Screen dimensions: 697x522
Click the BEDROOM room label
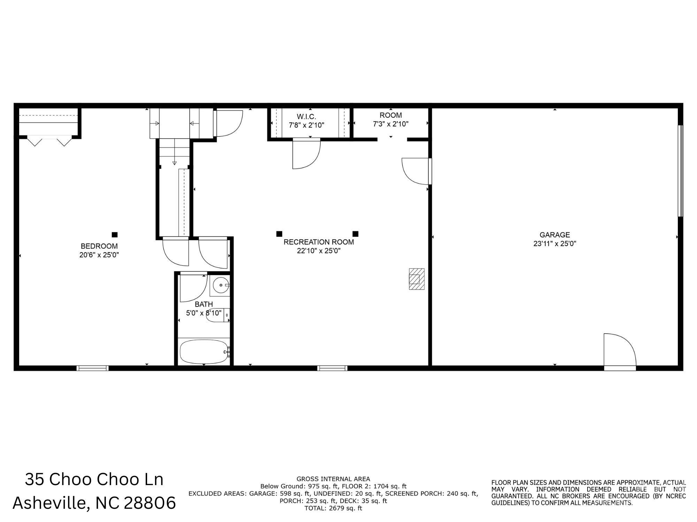click(x=99, y=246)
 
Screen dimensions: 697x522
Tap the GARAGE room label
click(x=555, y=235)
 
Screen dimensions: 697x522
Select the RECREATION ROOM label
click(x=319, y=242)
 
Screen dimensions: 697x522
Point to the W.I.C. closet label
click(x=307, y=117)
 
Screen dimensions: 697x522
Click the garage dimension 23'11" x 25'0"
click(x=555, y=244)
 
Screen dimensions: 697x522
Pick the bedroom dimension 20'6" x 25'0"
click(x=99, y=255)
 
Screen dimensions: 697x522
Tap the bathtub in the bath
click(x=204, y=352)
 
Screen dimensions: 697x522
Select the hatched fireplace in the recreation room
click(x=417, y=279)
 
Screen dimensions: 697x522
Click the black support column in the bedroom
click(x=115, y=235)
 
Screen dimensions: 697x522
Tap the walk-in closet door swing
click(x=306, y=154)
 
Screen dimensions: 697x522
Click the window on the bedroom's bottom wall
click(x=93, y=368)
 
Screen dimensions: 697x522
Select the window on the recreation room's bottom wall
click(x=332, y=368)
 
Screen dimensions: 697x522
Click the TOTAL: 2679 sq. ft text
click(x=333, y=508)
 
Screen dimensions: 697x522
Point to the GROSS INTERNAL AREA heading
click(x=333, y=479)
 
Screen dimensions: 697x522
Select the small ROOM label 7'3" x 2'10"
click(x=391, y=119)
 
